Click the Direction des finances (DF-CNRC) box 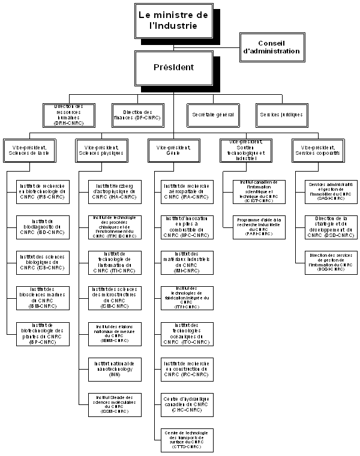coord(138,114)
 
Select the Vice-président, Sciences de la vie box coord(30,149)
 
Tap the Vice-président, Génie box coord(173,149)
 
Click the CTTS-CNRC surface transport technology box coord(185,439)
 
